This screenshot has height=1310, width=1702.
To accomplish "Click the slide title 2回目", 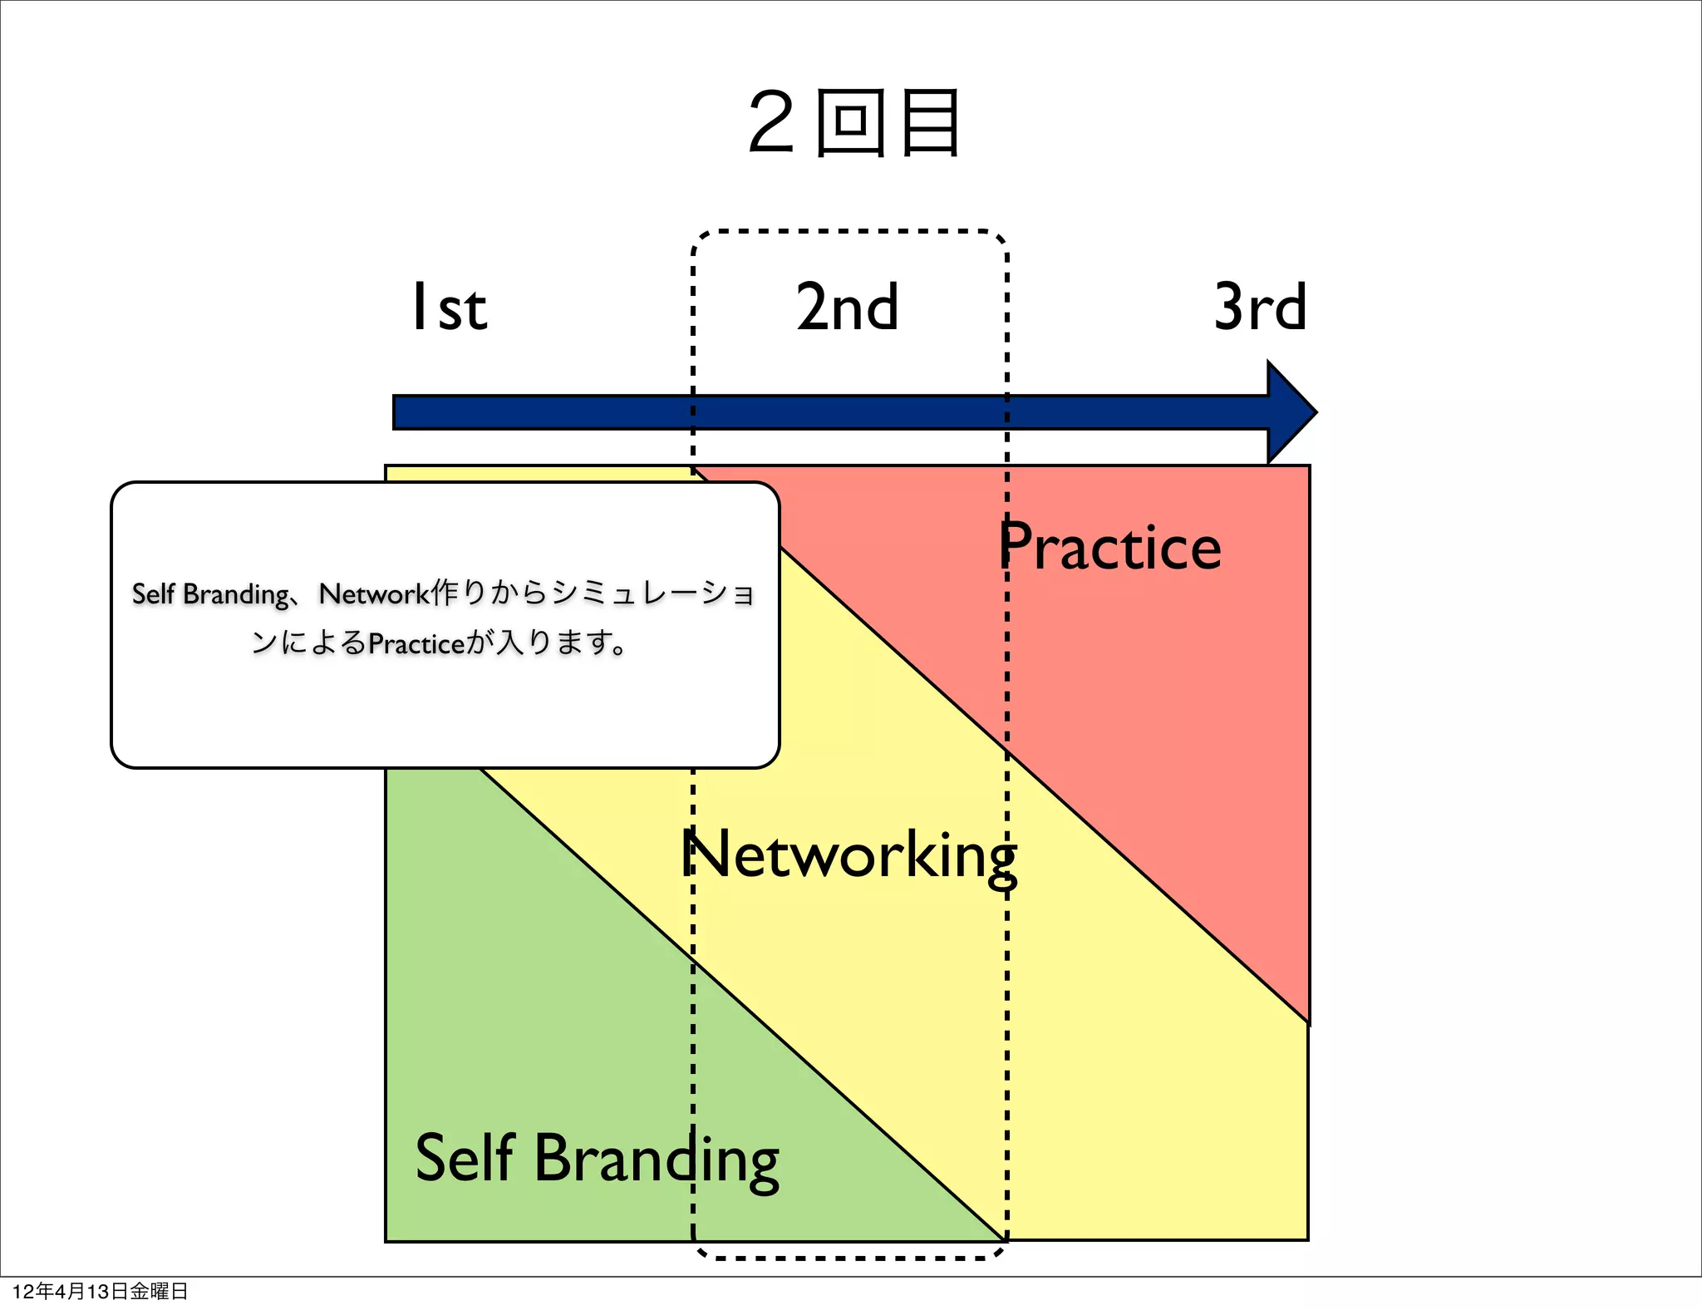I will pos(854,123).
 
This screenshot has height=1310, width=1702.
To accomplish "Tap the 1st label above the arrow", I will pos(450,308).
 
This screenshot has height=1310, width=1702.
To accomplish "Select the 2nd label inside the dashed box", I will pos(848,308).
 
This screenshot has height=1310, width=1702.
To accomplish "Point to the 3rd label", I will pos(1260,308).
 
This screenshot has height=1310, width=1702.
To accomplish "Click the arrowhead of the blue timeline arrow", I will pos(1291,412).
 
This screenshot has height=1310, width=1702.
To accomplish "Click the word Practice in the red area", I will pos(1110,548).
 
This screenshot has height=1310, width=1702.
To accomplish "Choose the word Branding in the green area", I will pos(657,1160).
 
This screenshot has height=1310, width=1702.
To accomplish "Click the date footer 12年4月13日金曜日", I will pos(101,1291).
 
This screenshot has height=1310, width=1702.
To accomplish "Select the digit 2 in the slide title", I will pos(771,123).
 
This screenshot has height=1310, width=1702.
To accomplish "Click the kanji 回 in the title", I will pos(850,123).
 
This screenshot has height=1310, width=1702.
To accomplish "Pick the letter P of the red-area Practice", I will pos(1016,546).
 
